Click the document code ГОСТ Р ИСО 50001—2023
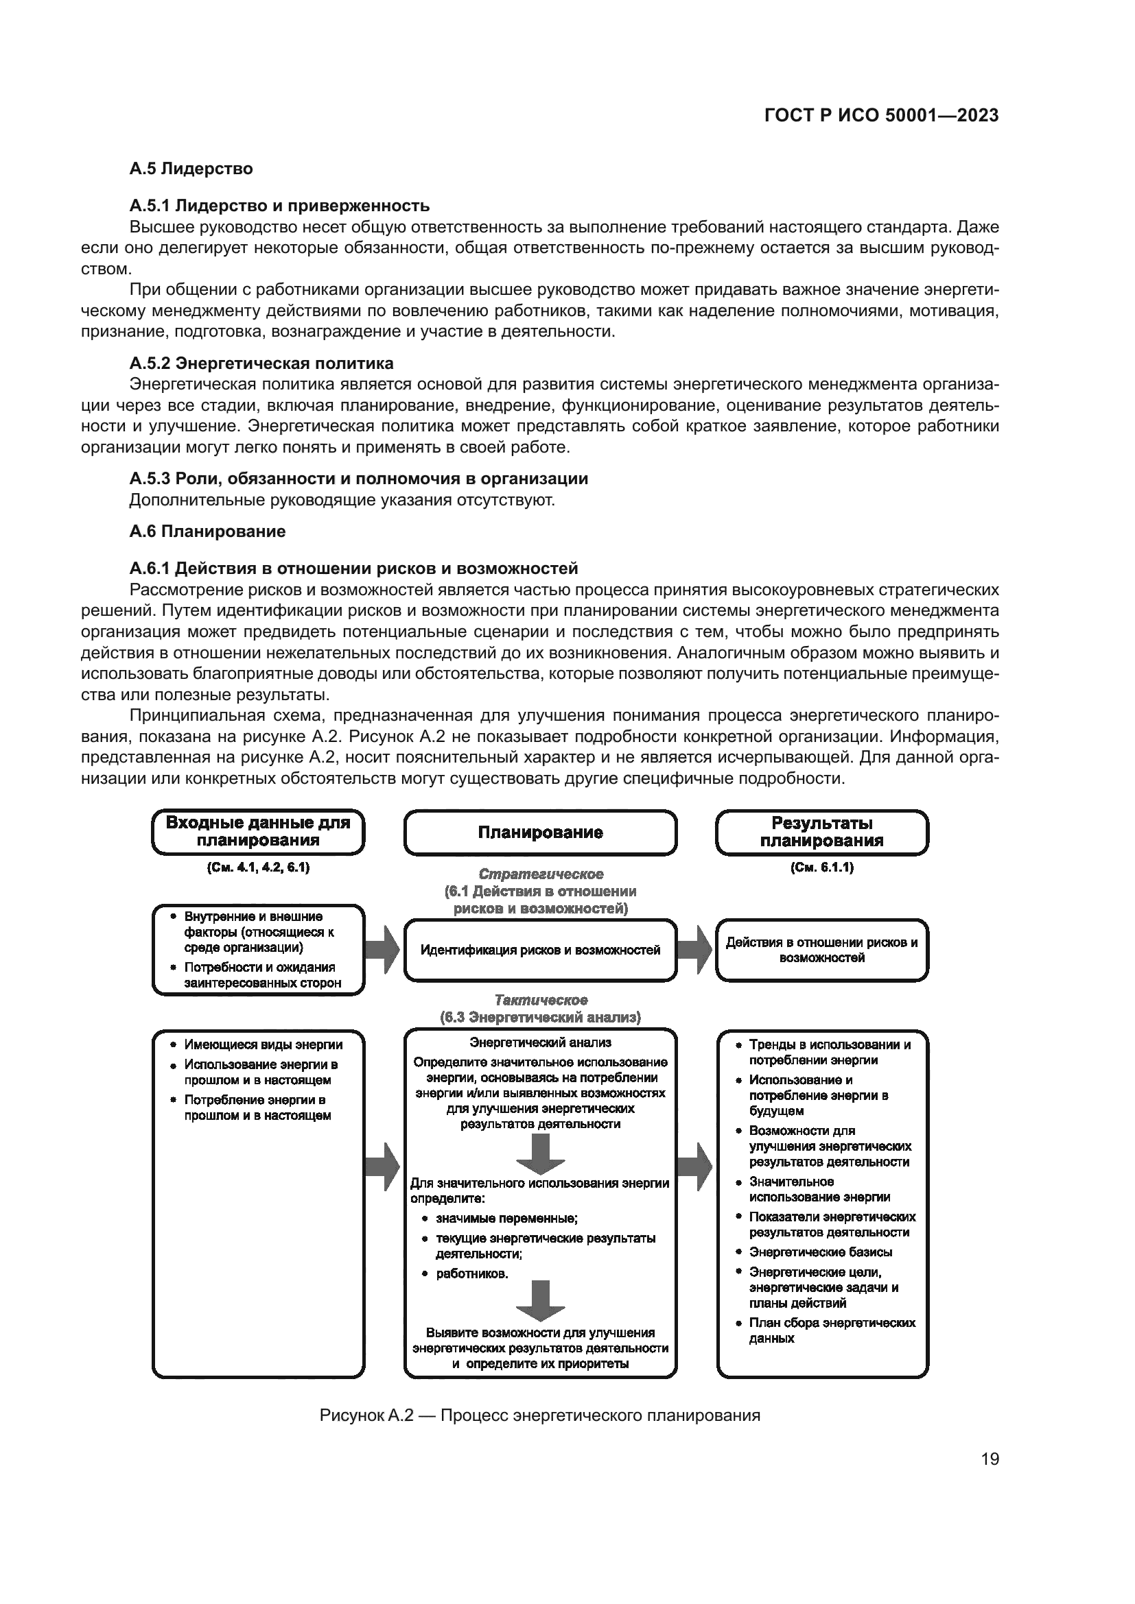click(x=881, y=115)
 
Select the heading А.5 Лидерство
click(x=190, y=169)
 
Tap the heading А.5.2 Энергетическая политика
click(x=261, y=363)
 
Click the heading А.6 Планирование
click(x=207, y=531)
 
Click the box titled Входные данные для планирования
click(x=258, y=831)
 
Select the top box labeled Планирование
click(x=540, y=832)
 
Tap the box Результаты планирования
click(x=822, y=831)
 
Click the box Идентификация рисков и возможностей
click(x=540, y=950)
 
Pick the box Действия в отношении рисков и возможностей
click(x=822, y=950)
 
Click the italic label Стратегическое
click(x=540, y=874)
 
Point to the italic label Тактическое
click(x=540, y=1000)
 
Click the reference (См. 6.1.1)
click(x=822, y=867)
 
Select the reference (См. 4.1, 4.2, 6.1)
click(x=258, y=867)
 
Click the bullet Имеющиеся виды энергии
click(x=263, y=1044)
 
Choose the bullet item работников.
click(x=471, y=1273)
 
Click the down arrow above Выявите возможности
click(x=540, y=1301)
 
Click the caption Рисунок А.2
click(x=539, y=1415)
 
